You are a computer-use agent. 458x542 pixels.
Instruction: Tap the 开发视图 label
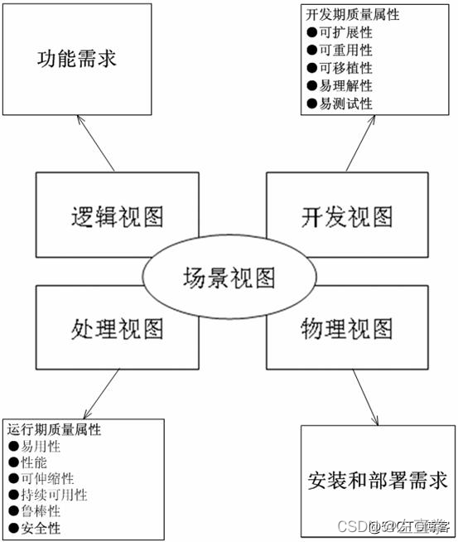coord(344,217)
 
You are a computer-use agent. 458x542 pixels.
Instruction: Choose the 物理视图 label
coord(344,329)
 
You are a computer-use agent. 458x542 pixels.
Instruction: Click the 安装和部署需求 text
coord(377,481)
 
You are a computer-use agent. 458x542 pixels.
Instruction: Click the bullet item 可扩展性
coord(345,32)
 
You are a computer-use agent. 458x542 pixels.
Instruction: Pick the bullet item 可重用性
coord(345,51)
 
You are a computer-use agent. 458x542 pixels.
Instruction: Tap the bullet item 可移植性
coord(345,68)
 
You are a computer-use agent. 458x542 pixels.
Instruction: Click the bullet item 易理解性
coord(345,86)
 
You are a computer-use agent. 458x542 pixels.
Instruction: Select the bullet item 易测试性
coord(345,104)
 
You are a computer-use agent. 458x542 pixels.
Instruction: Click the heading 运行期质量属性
coord(55,431)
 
